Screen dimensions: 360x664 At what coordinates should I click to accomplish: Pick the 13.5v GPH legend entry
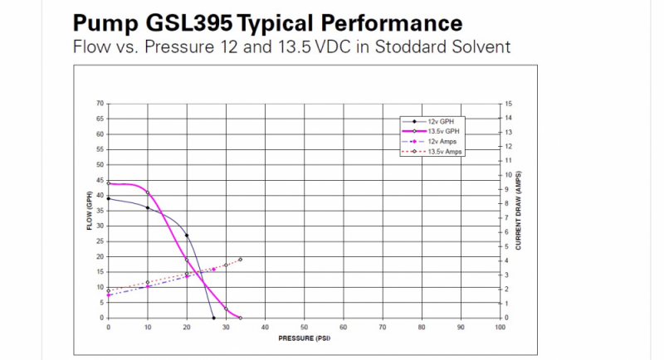[x=443, y=132]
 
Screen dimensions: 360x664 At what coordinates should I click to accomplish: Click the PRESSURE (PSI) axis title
[x=303, y=338]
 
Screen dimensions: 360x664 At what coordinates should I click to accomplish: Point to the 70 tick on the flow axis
[x=100, y=104]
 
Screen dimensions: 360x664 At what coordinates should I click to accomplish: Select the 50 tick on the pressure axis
[x=304, y=328]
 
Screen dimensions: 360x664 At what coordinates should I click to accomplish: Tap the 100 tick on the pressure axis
[x=500, y=328]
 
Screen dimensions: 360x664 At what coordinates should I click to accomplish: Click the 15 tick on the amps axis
[x=508, y=104]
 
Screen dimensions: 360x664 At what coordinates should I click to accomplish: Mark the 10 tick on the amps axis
[x=508, y=175]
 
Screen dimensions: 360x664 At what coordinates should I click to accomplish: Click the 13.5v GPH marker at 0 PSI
[x=109, y=183]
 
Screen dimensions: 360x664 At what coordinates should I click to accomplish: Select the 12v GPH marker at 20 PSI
[x=187, y=236]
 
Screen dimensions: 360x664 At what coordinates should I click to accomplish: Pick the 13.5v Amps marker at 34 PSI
[x=241, y=260]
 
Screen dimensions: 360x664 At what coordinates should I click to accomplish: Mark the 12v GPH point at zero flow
[x=214, y=318]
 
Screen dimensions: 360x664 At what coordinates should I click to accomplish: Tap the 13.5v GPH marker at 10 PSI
[x=148, y=192]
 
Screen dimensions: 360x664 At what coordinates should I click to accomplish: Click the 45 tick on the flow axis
[x=100, y=180]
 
